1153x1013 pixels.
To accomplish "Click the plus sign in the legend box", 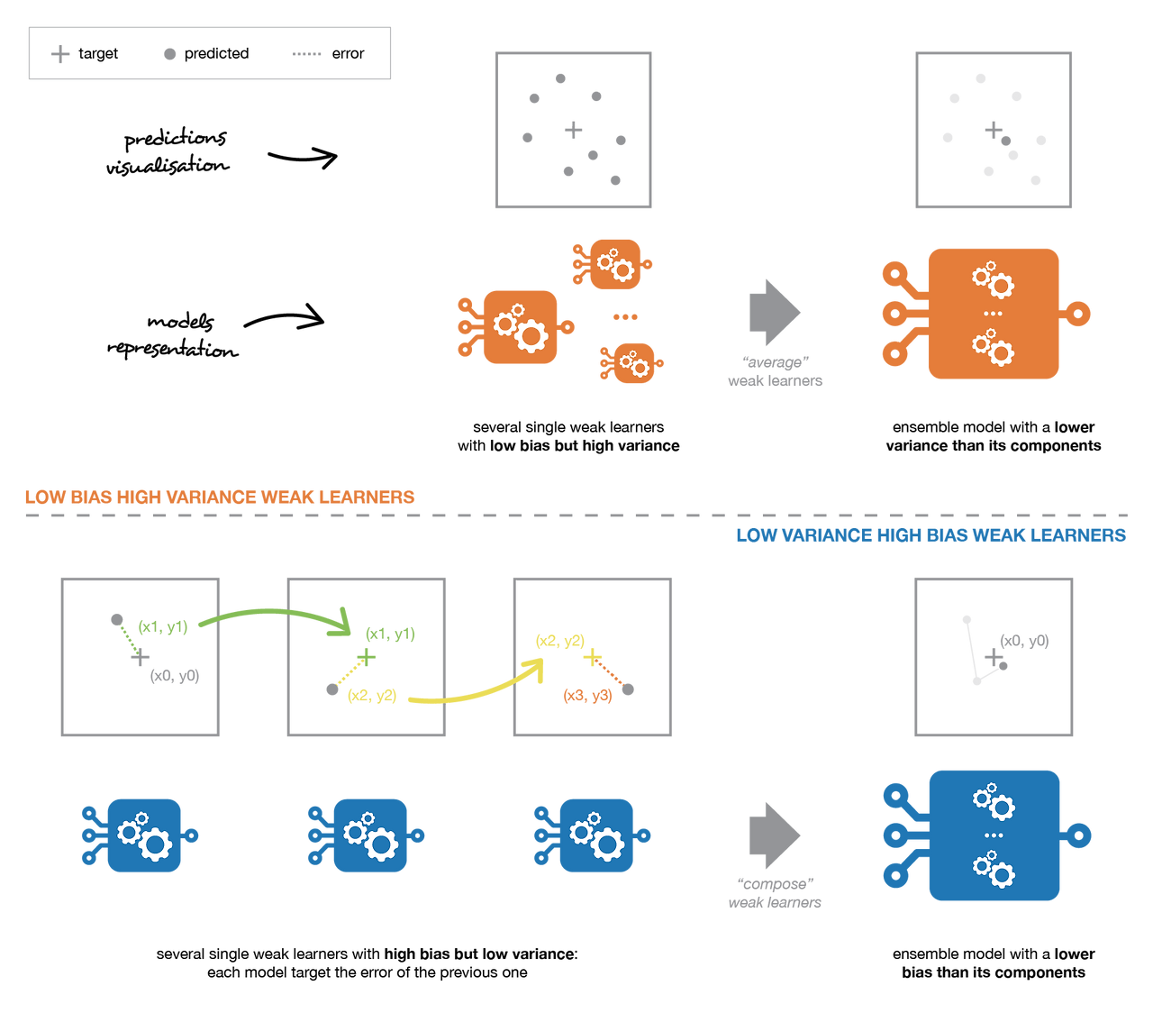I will tap(60, 54).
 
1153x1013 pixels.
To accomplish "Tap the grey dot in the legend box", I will tap(169, 54).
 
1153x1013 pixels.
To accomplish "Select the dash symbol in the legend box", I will tap(307, 54).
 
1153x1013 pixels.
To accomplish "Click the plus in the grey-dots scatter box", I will tap(573, 130).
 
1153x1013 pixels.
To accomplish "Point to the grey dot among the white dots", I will tap(1005, 141).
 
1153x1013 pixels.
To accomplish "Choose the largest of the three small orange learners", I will tap(519, 327).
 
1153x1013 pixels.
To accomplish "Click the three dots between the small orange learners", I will tap(625, 317).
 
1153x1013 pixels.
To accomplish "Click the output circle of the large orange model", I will tap(1078, 314).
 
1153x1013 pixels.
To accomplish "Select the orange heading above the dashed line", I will tap(220, 497).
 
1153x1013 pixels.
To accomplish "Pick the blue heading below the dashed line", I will tap(931, 535).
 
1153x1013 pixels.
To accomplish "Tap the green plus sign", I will tap(366, 655).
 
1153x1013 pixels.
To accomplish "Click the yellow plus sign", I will tap(591, 658).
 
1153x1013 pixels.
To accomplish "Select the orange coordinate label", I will tap(587, 696).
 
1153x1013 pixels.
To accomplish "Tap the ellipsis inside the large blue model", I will tap(994, 835).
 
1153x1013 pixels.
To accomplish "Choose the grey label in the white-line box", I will tap(1025, 641).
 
